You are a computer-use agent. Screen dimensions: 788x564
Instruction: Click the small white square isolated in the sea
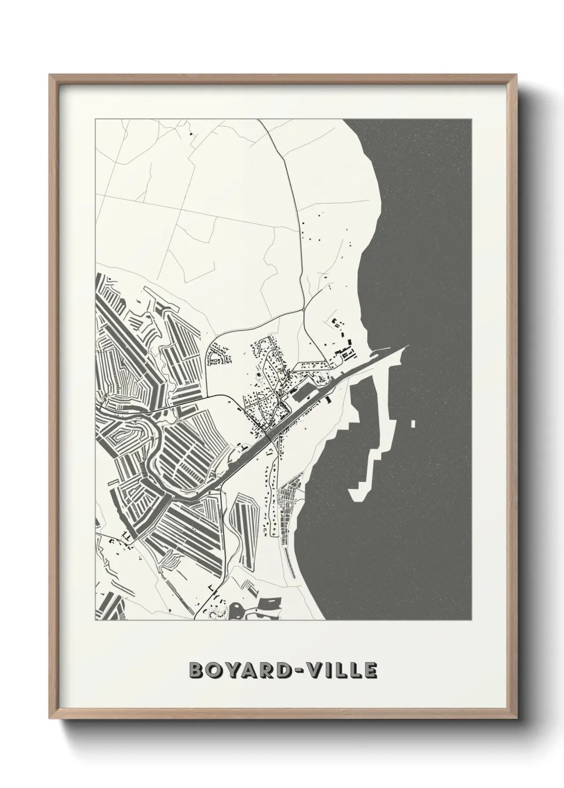414,424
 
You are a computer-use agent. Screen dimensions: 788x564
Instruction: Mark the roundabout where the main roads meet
303,309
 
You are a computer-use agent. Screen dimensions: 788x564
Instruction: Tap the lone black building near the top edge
190,134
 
